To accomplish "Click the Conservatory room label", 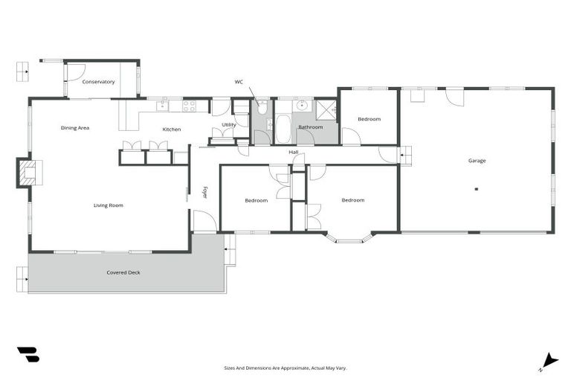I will pyautogui.click(x=98, y=82).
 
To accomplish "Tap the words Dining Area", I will pyautogui.click(x=75, y=128).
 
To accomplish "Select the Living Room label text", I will pyautogui.click(x=108, y=205).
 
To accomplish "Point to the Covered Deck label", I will pyautogui.click(x=123, y=272).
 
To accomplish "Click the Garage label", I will pyautogui.click(x=477, y=161).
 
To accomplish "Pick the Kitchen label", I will pyautogui.click(x=172, y=129).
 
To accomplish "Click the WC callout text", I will pyautogui.click(x=239, y=82).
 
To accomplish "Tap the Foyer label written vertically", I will pyautogui.click(x=205, y=192).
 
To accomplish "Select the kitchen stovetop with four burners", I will pyautogui.click(x=190, y=106).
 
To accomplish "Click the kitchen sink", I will pyautogui.click(x=163, y=106).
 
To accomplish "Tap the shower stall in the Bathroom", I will pyautogui.click(x=326, y=110).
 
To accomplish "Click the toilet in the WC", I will pyautogui.click(x=262, y=106).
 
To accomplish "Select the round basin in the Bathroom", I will pyautogui.click(x=303, y=106).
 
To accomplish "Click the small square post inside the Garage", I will pyautogui.click(x=477, y=189).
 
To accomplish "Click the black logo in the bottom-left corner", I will pyautogui.click(x=28, y=355).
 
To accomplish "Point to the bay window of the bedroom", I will pyautogui.click(x=349, y=239).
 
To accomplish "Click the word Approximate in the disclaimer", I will pyautogui.click(x=293, y=368).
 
